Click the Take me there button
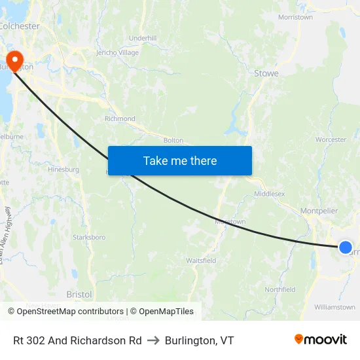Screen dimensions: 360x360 click(180, 160)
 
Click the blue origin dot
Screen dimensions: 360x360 click(346, 247)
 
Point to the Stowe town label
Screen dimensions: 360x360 click(266, 74)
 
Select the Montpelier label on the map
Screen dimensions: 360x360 click(319, 211)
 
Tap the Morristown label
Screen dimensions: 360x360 click(295, 18)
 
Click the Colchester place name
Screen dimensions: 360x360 click(19, 27)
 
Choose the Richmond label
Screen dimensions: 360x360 click(120, 119)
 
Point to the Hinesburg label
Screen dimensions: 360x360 click(63, 170)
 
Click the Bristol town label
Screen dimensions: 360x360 click(79, 295)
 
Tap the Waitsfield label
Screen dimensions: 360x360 click(201, 261)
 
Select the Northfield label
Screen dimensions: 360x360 click(279, 289)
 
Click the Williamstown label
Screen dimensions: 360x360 click(334, 307)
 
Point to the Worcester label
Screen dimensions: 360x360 click(331, 139)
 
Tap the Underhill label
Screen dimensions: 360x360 click(143, 39)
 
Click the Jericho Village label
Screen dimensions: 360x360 click(117, 52)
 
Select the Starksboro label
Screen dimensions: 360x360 click(89, 237)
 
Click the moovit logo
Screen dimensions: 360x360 click(321, 340)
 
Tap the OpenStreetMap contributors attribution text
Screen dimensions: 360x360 click(70, 312)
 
